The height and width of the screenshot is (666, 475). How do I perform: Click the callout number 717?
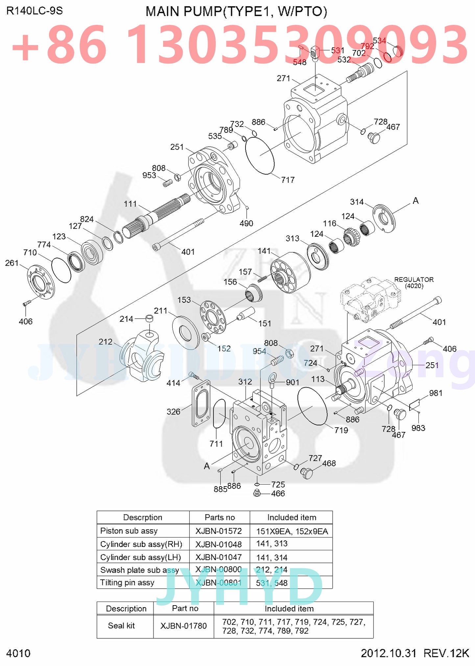(x=288, y=180)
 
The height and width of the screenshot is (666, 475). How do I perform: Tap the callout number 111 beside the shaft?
(x=130, y=204)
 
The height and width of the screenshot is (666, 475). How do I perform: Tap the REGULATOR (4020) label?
(x=414, y=282)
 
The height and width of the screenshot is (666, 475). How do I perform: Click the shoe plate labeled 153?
(x=213, y=317)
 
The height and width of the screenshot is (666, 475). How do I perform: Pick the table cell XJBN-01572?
(x=219, y=531)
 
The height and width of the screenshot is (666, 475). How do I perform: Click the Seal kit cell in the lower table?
(x=121, y=626)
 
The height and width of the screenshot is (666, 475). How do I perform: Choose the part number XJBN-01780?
(x=183, y=626)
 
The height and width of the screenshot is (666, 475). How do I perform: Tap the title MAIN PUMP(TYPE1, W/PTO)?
(x=236, y=12)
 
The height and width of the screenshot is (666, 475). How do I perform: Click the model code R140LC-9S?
(x=34, y=11)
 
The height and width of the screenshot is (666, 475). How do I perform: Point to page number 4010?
(x=18, y=653)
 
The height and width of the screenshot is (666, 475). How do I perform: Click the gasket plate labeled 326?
(x=201, y=404)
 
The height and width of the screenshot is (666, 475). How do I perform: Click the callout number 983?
(x=418, y=428)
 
